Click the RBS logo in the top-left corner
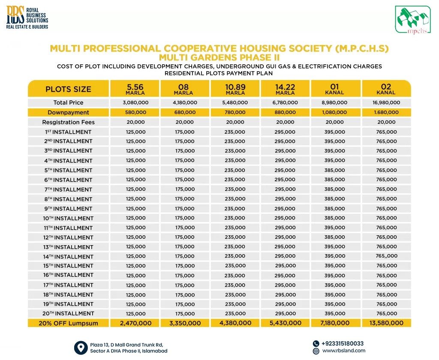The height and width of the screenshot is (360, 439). [x=27, y=18]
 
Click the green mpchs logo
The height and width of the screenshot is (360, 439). [x=412, y=20]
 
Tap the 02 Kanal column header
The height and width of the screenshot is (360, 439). [x=386, y=89]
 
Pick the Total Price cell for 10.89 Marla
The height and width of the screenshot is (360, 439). [x=235, y=103]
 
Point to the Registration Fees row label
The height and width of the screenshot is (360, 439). [x=68, y=122]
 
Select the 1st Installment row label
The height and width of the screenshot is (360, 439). [x=68, y=132]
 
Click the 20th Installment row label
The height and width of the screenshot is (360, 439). [x=68, y=314]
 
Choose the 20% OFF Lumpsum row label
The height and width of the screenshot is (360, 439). [x=68, y=323]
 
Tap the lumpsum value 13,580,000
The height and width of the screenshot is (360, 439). [x=386, y=323]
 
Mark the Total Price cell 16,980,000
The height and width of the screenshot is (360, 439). [x=386, y=103]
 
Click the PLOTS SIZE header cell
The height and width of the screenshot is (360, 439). [x=68, y=89]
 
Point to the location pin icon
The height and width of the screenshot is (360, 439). [x=80, y=347]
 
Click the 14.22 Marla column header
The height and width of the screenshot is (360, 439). [x=285, y=89]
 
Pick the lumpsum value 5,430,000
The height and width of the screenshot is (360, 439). [x=285, y=323]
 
